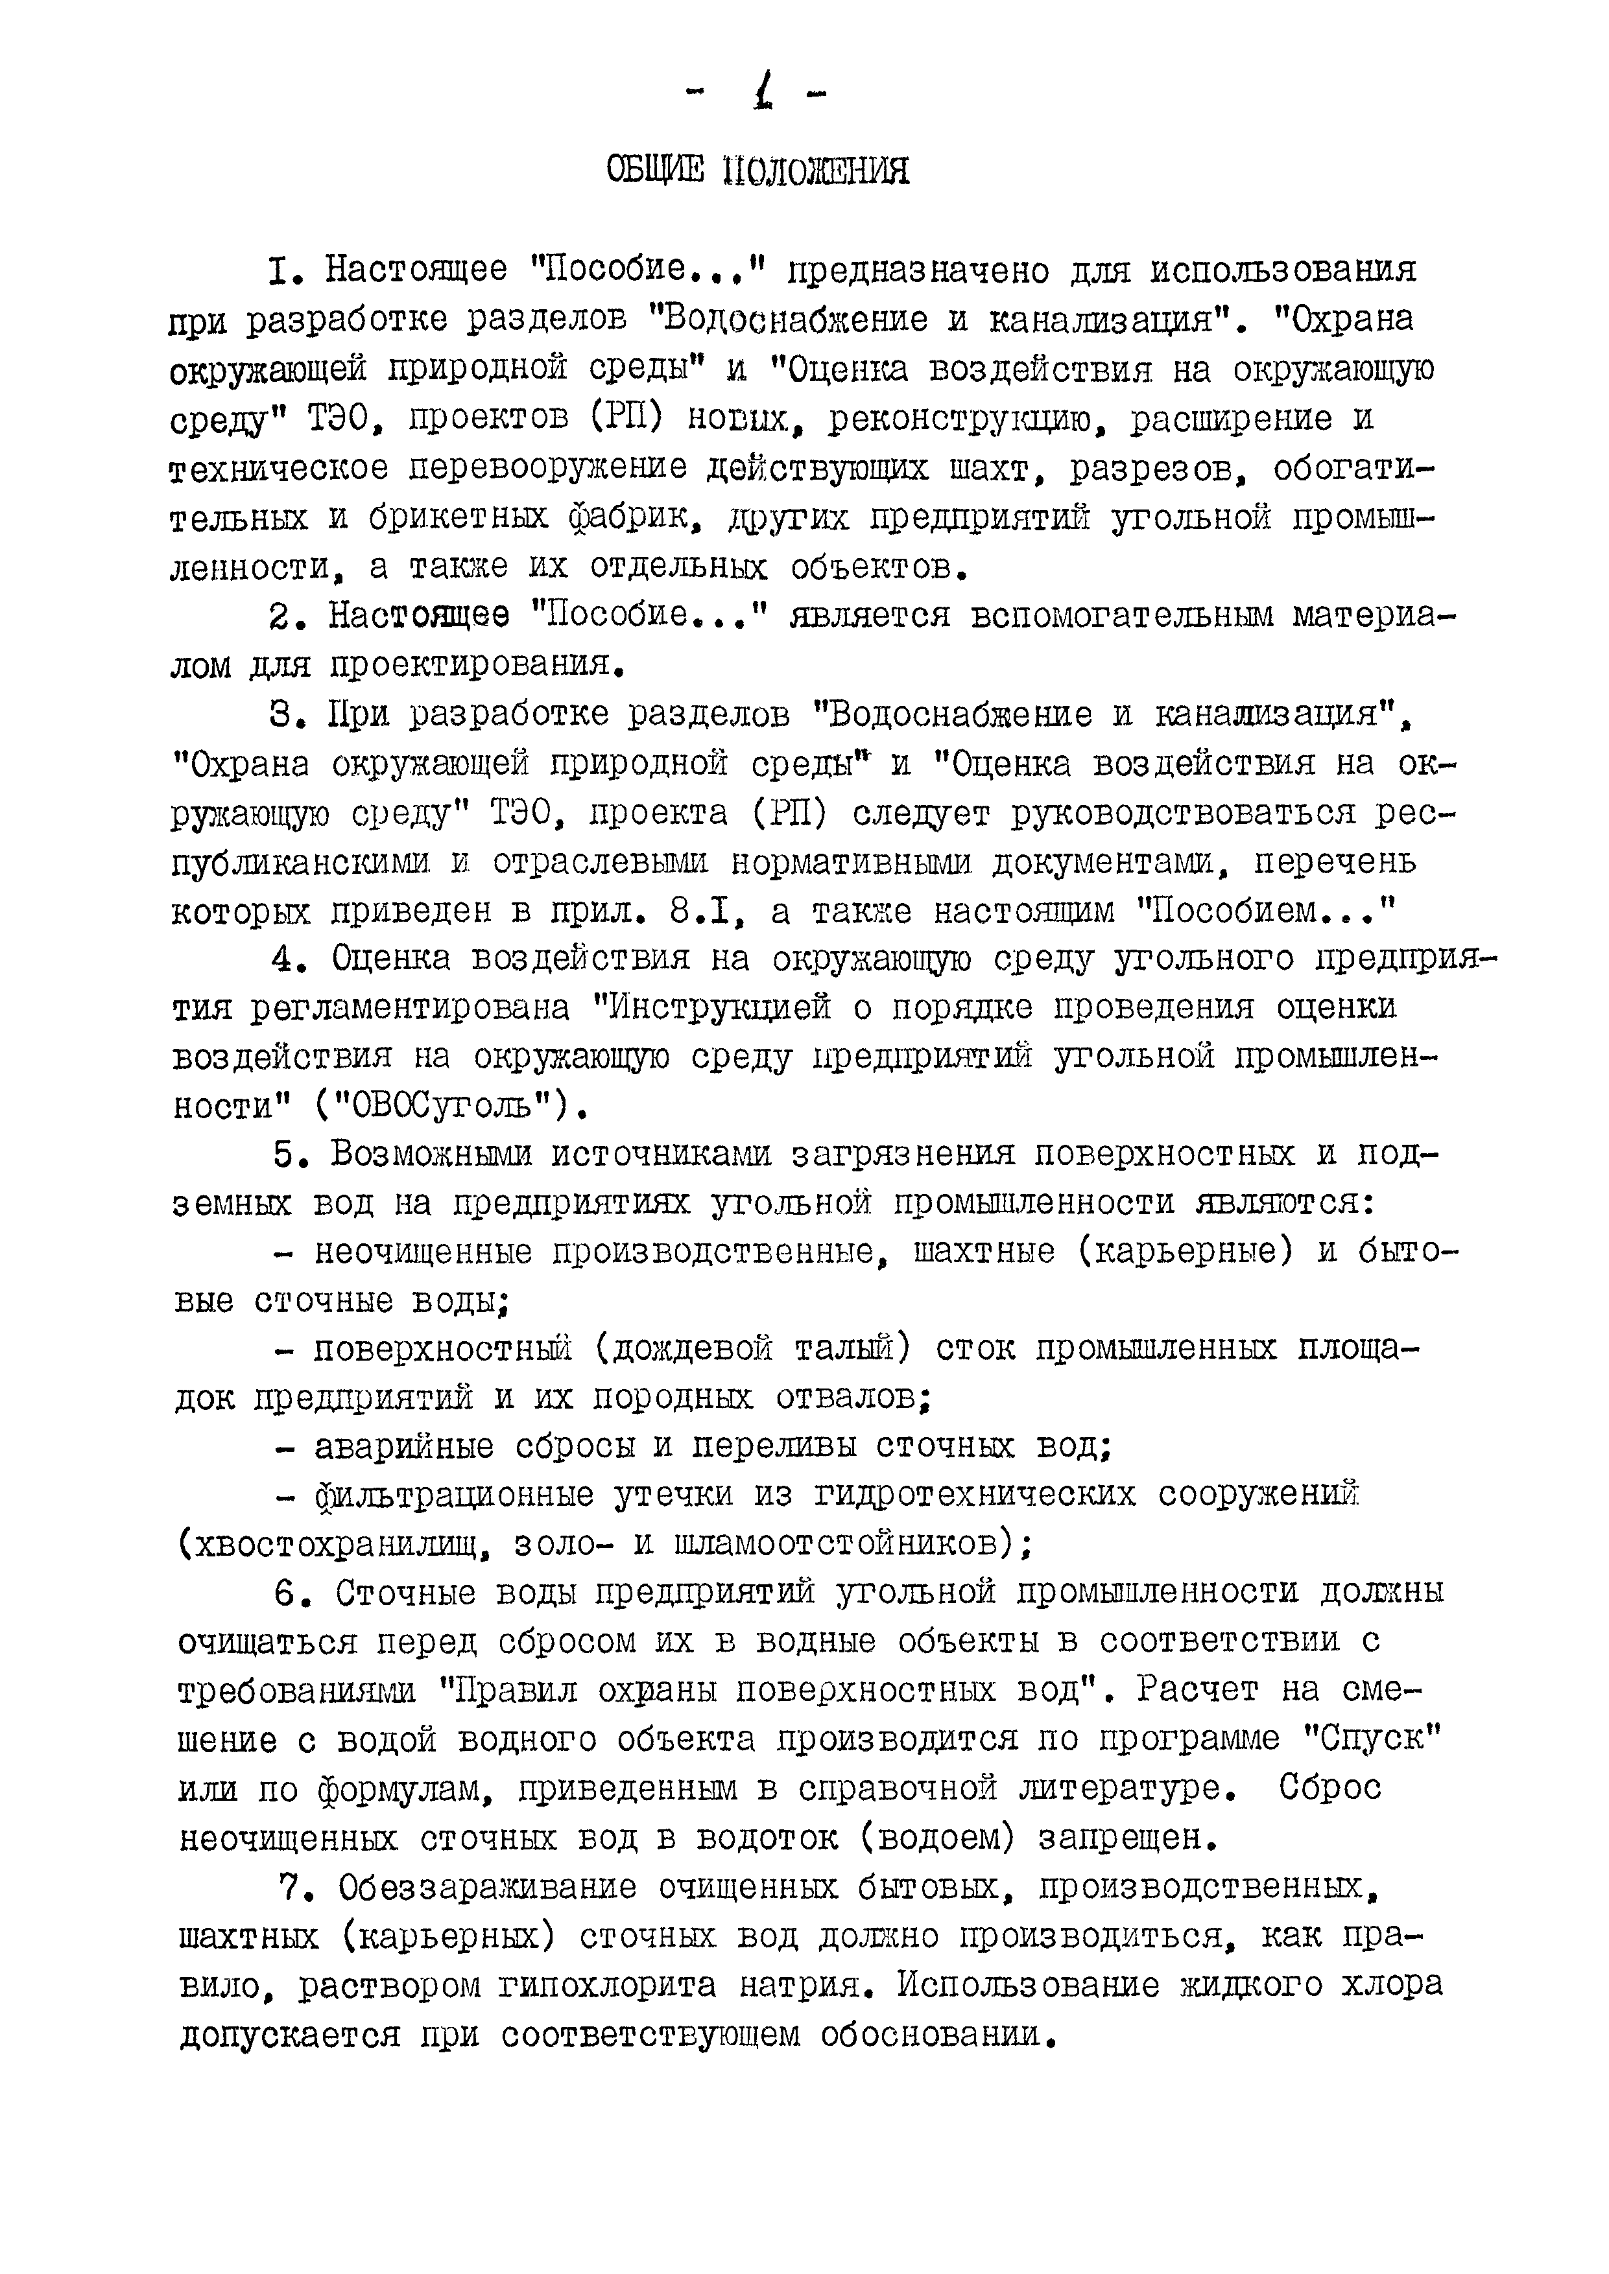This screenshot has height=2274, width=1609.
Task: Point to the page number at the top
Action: (x=760, y=96)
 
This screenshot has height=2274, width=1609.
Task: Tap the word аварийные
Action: (x=404, y=1447)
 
